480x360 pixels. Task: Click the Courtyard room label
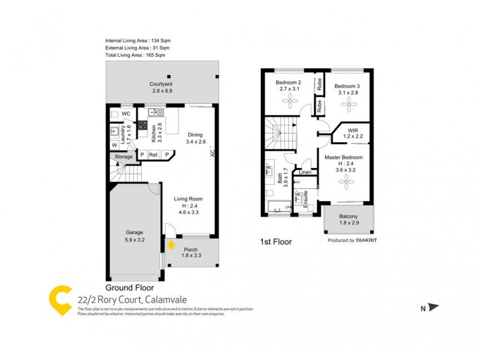click(x=161, y=84)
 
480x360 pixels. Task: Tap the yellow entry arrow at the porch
click(x=172, y=244)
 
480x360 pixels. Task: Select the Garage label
click(x=134, y=232)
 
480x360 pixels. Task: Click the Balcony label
click(x=349, y=217)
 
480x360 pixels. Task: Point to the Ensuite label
click(x=305, y=199)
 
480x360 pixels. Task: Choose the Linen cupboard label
click(x=305, y=172)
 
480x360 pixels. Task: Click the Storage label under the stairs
click(x=124, y=157)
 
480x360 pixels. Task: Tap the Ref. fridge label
click(x=154, y=155)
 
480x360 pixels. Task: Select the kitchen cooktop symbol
click(x=143, y=125)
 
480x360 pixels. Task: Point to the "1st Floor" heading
click(x=275, y=242)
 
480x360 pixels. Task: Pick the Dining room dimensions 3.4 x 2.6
click(x=196, y=142)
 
